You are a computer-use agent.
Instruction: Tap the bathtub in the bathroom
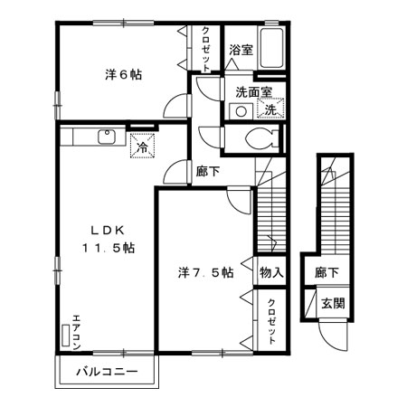[273, 50]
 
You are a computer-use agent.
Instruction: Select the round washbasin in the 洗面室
[241, 111]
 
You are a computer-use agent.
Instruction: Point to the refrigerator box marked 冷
[143, 145]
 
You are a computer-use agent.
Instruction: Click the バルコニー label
[107, 372]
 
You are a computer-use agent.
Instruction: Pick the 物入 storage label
[270, 271]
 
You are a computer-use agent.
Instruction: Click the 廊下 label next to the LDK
[207, 169]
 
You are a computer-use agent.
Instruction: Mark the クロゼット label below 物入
[271, 319]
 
